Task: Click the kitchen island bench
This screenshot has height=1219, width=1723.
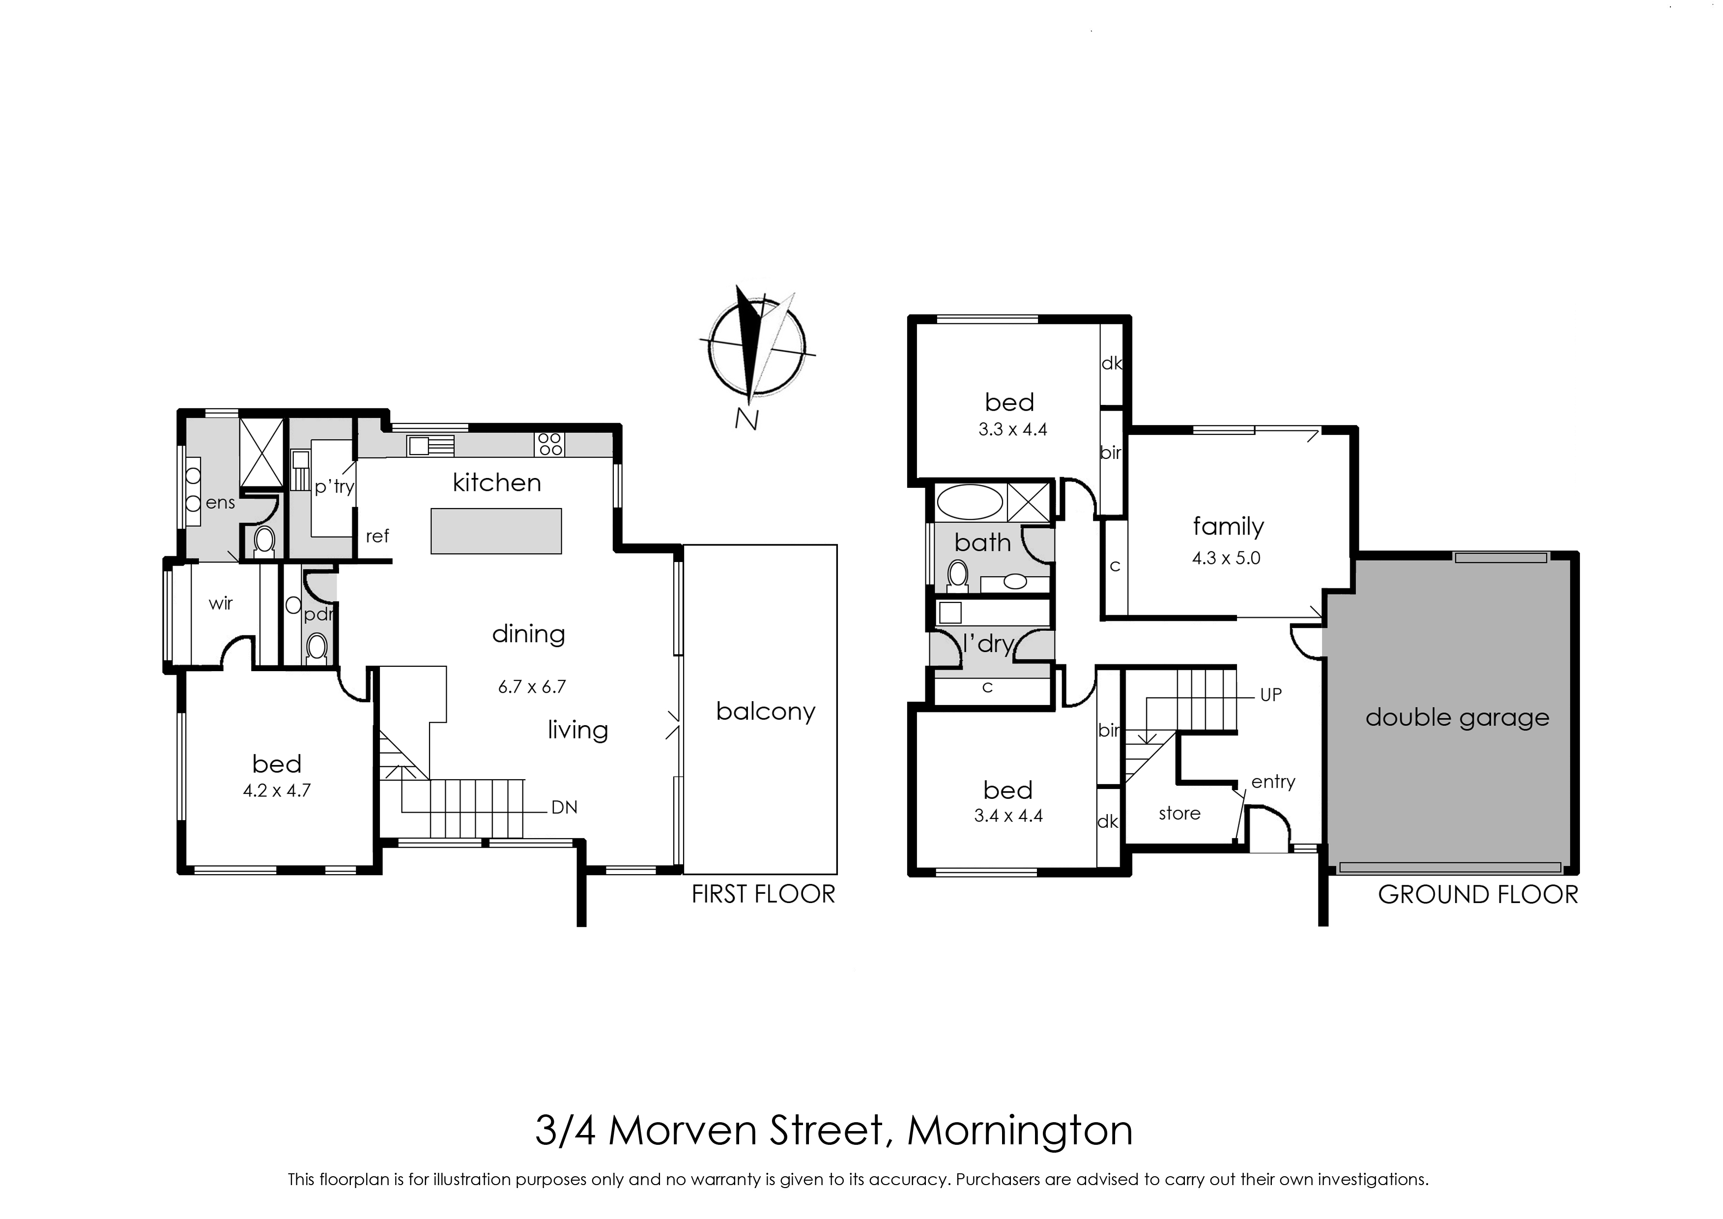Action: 496,532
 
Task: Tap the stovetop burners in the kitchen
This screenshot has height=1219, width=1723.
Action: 550,444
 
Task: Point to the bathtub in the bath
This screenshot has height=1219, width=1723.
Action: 971,502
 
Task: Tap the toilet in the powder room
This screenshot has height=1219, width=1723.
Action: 317,648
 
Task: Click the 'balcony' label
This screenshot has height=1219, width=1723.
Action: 765,711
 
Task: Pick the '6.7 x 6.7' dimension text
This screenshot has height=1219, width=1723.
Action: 532,686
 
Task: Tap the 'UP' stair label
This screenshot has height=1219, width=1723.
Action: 1270,695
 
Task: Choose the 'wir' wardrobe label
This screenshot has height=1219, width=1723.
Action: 221,603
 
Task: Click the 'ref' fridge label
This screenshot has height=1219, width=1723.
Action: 377,536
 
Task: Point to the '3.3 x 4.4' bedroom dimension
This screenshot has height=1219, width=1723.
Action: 1012,430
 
